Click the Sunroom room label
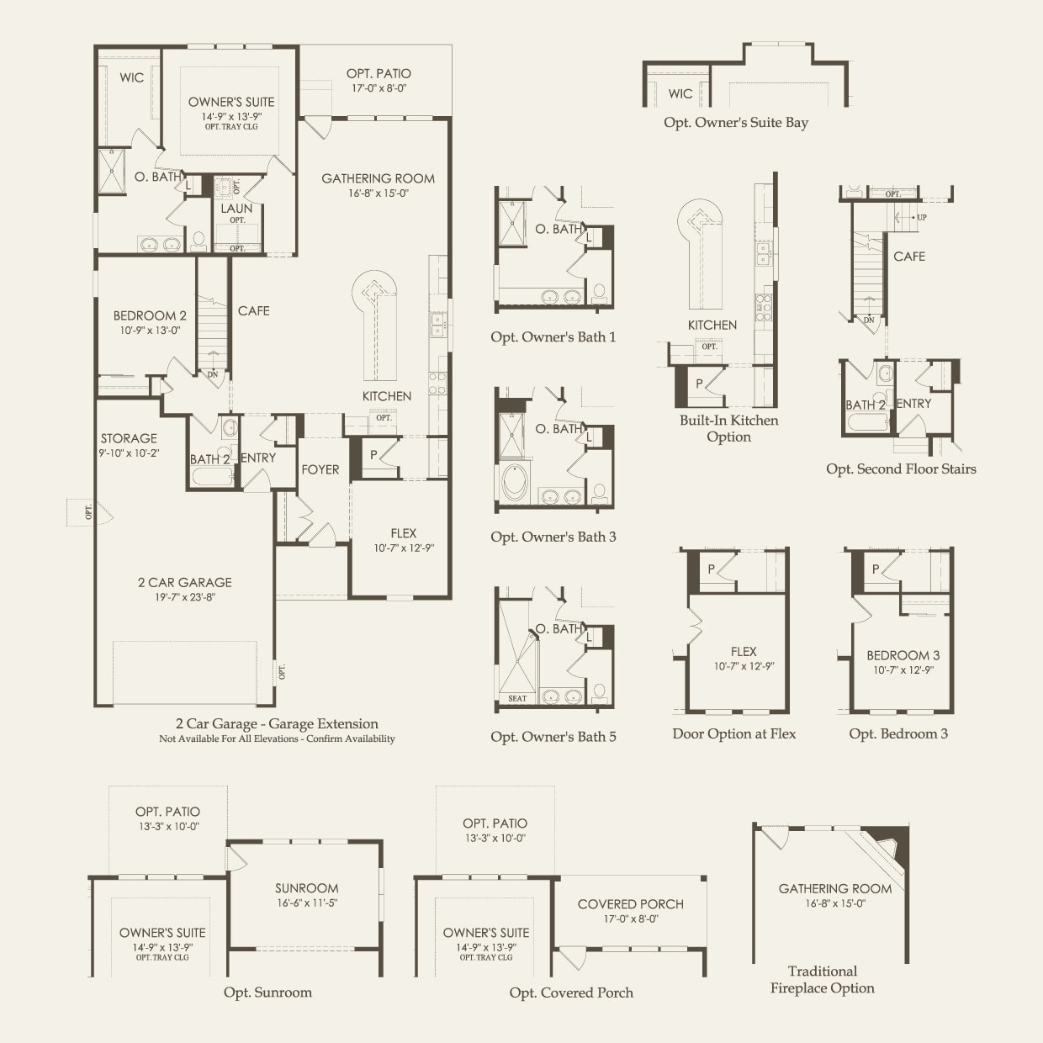pyautogui.click(x=306, y=888)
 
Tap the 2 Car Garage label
pyautogui.click(x=184, y=582)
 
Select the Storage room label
pyautogui.click(x=129, y=438)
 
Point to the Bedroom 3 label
pyautogui.click(x=903, y=655)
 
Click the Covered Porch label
pyautogui.click(x=631, y=904)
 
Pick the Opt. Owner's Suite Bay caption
pyautogui.click(x=736, y=123)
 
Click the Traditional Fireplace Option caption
pyautogui.click(x=822, y=980)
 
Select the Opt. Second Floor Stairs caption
pyautogui.click(x=901, y=469)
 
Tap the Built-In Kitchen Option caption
pyautogui.click(x=729, y=428)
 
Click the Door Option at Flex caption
pyautogui.click(x=734, y=734)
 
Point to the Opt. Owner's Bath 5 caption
pyautogui.click(x=553, y=737)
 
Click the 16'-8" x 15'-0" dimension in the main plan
pyautogui.click(x=379, y=193)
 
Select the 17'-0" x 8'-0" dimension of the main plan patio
pyautogui.click(x=379, y=87)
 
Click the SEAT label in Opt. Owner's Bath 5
pyautogui.click(x=517, y=698)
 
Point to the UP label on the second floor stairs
pyautogui.click(x=922, y=218)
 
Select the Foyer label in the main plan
pyautogui.click(x=320, y=470)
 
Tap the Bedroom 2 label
pyautogui.click(x=150, y=315)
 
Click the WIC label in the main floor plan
pyautogui.click(x=131, y=78)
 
